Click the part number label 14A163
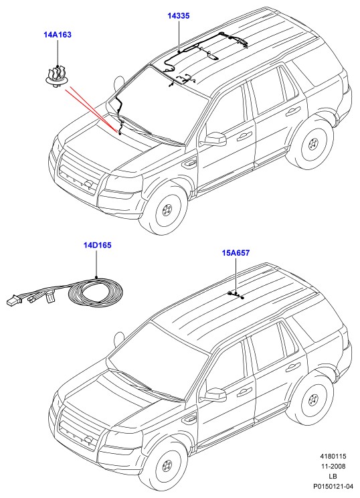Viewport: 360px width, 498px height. (x=58, y=35)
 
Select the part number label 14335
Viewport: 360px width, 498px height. (x=179, y=15)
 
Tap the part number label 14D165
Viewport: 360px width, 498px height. (x=98, y=246)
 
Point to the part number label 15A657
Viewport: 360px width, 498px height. (x=236, y=253)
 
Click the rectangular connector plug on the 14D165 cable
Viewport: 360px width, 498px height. (x=13, y=301)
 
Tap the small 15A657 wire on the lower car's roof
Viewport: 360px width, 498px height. (x=236, y=295)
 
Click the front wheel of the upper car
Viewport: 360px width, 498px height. (x=167, y=210)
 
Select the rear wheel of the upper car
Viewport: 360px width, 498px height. (x=313, y=145)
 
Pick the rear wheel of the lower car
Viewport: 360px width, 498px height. (x=313, y=401)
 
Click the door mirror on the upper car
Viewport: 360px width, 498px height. (x=215, y=139)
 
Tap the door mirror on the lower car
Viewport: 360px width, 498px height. (x=215, y=395)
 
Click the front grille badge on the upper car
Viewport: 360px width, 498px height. (x=88, y=183)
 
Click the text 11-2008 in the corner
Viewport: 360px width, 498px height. (x=333, y=467)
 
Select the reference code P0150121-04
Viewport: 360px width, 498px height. (x=333, y=486)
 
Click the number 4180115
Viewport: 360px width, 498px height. (x=333, y=456)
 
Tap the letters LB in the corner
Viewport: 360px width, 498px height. (x=333, y=476)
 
